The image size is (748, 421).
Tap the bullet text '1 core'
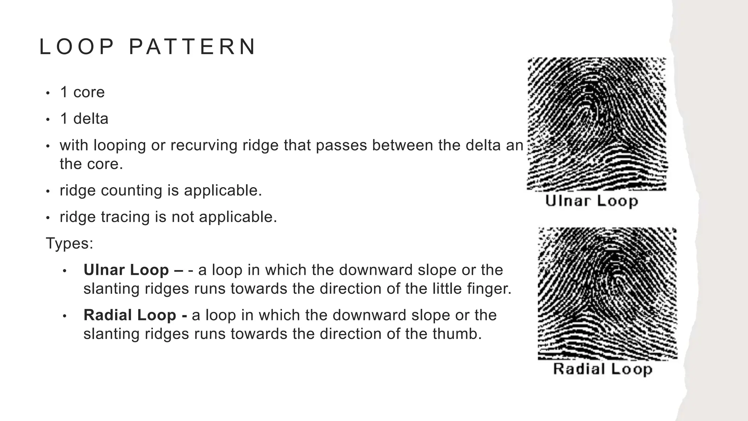(82, 92)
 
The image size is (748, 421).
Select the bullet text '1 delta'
(84, 119)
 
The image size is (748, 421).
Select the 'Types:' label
(69, 243)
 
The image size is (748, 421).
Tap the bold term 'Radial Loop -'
(135, 315)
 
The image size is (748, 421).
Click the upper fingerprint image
(597, 124)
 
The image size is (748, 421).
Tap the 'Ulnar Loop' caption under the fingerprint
(592, 201)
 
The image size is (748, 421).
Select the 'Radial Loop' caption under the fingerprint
(603, 369)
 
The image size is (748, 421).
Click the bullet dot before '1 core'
(47, 93)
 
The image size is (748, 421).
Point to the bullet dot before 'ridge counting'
(47, 191)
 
